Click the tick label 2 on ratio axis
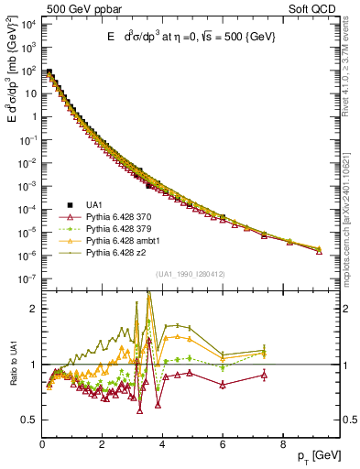(35, 309)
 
